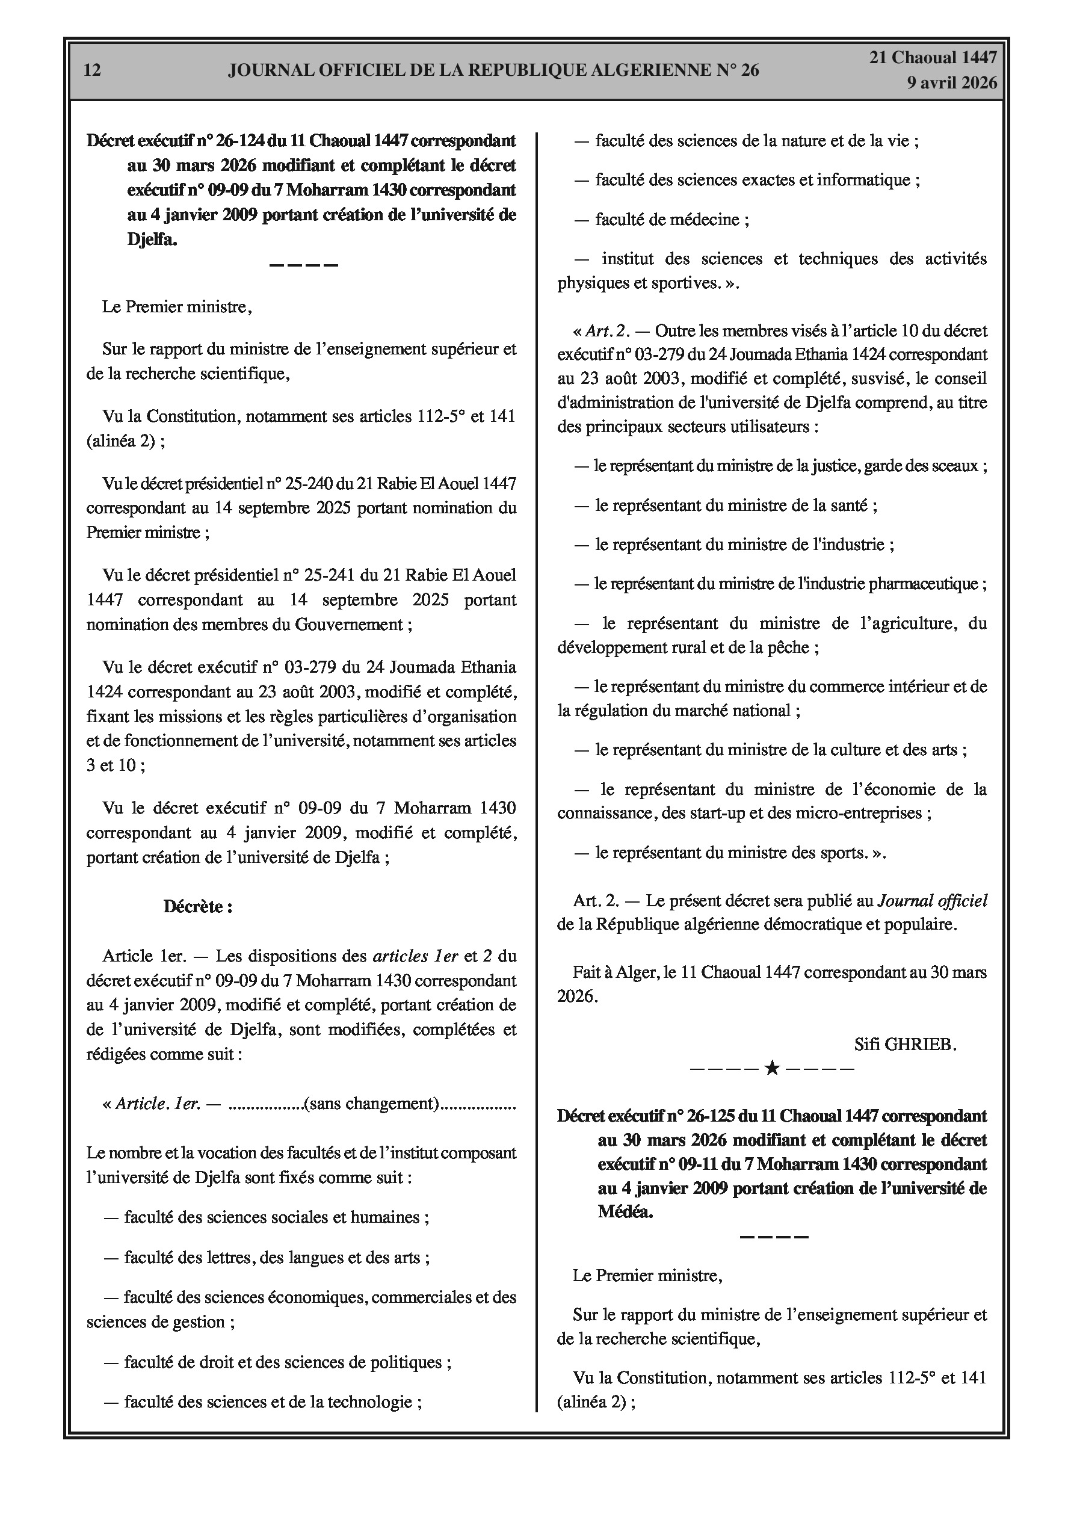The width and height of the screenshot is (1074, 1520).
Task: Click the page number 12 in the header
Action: click(93, 70)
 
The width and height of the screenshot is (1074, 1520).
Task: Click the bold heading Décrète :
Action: click(197, 907)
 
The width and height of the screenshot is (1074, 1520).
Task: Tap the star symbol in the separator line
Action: click(771, 1069)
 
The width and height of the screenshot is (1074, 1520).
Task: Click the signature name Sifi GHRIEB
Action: click(905, 1045)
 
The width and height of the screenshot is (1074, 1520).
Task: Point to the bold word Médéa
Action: click(625, 1212)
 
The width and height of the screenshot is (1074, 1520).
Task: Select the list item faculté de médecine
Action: click(671, 220)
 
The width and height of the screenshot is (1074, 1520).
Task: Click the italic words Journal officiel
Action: click(932, 901)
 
